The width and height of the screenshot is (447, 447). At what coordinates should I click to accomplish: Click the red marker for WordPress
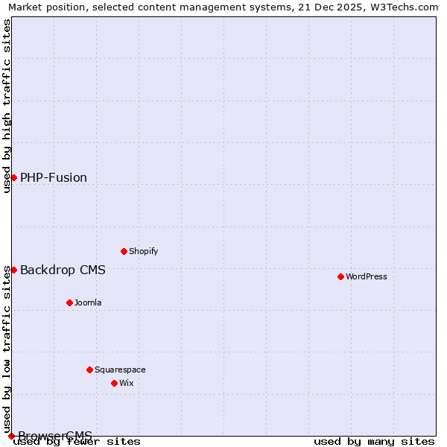[x=340, y=276]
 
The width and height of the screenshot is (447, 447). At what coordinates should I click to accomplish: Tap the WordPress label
[x=367, y=276]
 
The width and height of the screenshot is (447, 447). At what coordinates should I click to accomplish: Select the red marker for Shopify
[x=124, y=251]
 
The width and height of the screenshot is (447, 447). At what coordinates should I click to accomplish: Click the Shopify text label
[x=144, y=251]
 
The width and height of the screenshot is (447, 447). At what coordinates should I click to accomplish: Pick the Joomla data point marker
[x=69, y=302]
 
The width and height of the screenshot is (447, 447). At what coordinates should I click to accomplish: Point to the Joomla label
[x=88, y=302]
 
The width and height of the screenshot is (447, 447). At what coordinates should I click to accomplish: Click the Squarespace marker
[x=89, y=370]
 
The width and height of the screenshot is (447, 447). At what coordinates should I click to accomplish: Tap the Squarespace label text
[x=120, y=370]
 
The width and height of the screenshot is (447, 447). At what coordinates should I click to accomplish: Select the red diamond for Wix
[x=114, y=383]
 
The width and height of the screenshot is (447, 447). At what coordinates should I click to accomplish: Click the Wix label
[x=127, y=383]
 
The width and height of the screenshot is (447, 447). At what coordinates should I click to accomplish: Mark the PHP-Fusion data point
[x=13, y=177]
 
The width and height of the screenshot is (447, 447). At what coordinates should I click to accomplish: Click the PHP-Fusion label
[x=54, y=177]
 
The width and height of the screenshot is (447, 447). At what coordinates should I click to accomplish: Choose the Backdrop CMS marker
[x=13, y=270]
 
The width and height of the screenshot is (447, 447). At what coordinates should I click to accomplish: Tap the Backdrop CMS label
[x=63, y=270]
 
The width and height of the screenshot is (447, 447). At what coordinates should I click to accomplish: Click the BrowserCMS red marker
[x=11, y=436]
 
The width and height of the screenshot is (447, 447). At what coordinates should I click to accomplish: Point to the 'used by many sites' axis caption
[x=374, y=441]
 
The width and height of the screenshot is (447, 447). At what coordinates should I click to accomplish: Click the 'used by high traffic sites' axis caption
[x=7, y=106]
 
